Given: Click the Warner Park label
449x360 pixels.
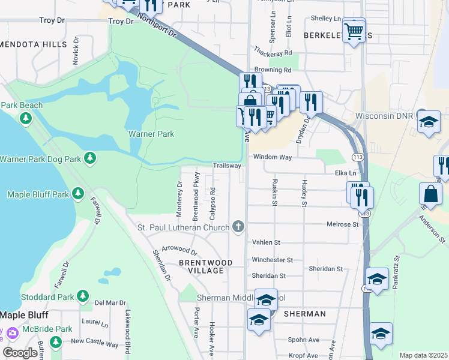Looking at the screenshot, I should coord(151,134).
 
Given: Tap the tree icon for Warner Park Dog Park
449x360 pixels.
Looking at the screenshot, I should coord(90,158).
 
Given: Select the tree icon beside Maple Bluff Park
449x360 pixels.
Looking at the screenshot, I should coord(77,193).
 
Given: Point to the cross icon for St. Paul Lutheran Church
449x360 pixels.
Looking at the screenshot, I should coord(238,227).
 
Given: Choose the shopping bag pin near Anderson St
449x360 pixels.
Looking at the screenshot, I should coord(432,194).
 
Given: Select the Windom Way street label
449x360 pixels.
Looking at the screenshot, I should coord(272,157).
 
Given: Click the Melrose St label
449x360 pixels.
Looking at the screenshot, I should coord(343,224).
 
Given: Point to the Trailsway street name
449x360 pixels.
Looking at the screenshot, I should coord(227,166).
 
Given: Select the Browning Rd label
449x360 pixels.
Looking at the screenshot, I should coord(273,70).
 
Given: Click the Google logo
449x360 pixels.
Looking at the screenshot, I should coord(20,352).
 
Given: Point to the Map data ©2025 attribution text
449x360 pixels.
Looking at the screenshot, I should coord(423,355).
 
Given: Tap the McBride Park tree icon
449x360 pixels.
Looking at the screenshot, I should coord(56,342).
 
